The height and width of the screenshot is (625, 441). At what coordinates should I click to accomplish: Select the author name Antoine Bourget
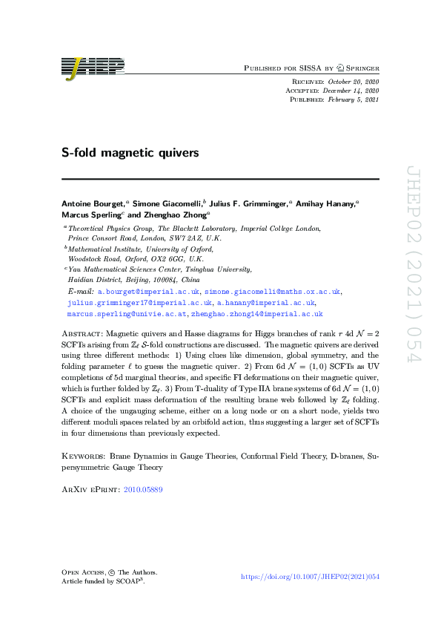click(92, 202)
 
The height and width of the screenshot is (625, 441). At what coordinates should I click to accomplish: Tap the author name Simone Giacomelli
click(159, 202)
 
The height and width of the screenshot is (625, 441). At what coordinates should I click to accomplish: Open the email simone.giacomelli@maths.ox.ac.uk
click(273, 292)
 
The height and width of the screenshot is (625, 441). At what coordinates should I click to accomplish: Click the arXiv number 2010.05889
click(143, 489)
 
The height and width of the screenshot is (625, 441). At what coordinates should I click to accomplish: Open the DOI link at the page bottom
click(311, 577)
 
